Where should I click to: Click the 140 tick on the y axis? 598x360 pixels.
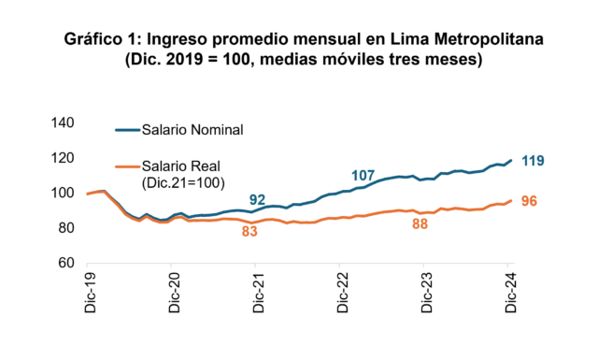[x=63, y=122]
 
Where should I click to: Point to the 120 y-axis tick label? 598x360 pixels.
[x=63, y=158]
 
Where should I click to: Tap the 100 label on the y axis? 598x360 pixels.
[x=63, y=193]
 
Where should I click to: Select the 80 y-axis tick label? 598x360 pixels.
[x=66, y=228]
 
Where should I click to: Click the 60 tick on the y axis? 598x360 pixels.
[x=66, y=263]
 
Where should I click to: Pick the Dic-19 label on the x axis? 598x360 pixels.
[x=91, y=293]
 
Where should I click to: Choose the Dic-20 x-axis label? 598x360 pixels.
[x=175, y=293]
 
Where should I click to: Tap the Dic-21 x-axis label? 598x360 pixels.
[x=259, y=293]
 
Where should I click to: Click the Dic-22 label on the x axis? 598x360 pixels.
[x=343, y=293]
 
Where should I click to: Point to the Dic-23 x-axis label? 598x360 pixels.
[x=427, y=293]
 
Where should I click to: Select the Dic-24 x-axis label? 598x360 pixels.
[x=511, y=293]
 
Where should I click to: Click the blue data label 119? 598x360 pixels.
[x=533, y=161]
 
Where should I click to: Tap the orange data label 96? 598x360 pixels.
[x=529, y=201]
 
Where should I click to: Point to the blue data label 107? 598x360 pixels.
[x=363, y=176]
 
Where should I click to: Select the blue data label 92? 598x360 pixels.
[x=258, y=200]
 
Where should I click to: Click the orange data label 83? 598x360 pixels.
[x=249, y=231]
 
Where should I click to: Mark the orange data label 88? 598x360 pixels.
[x=420, y=224]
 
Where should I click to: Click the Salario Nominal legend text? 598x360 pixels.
[x=192, y=130]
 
